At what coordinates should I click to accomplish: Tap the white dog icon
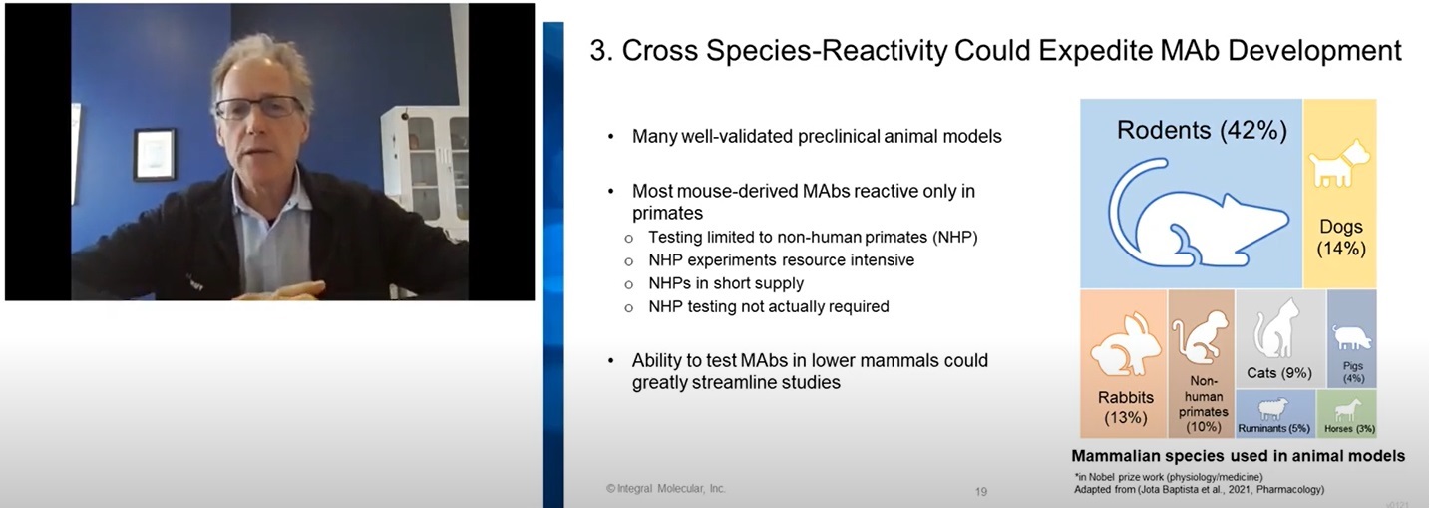tap(1339, 165)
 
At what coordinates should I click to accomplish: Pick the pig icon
tap(1351, 337)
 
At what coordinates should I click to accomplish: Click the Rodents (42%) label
tap(1202, 130)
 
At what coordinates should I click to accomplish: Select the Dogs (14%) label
tap(1341, 238)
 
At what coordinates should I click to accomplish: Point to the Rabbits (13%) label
tap(1126, 407)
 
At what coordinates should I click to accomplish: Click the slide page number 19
tap(981, 491)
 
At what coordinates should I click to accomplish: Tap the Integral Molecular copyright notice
tap(666, 489)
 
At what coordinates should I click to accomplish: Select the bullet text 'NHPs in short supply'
tap(726, 283)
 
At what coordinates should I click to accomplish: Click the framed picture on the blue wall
tap(154, 154)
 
